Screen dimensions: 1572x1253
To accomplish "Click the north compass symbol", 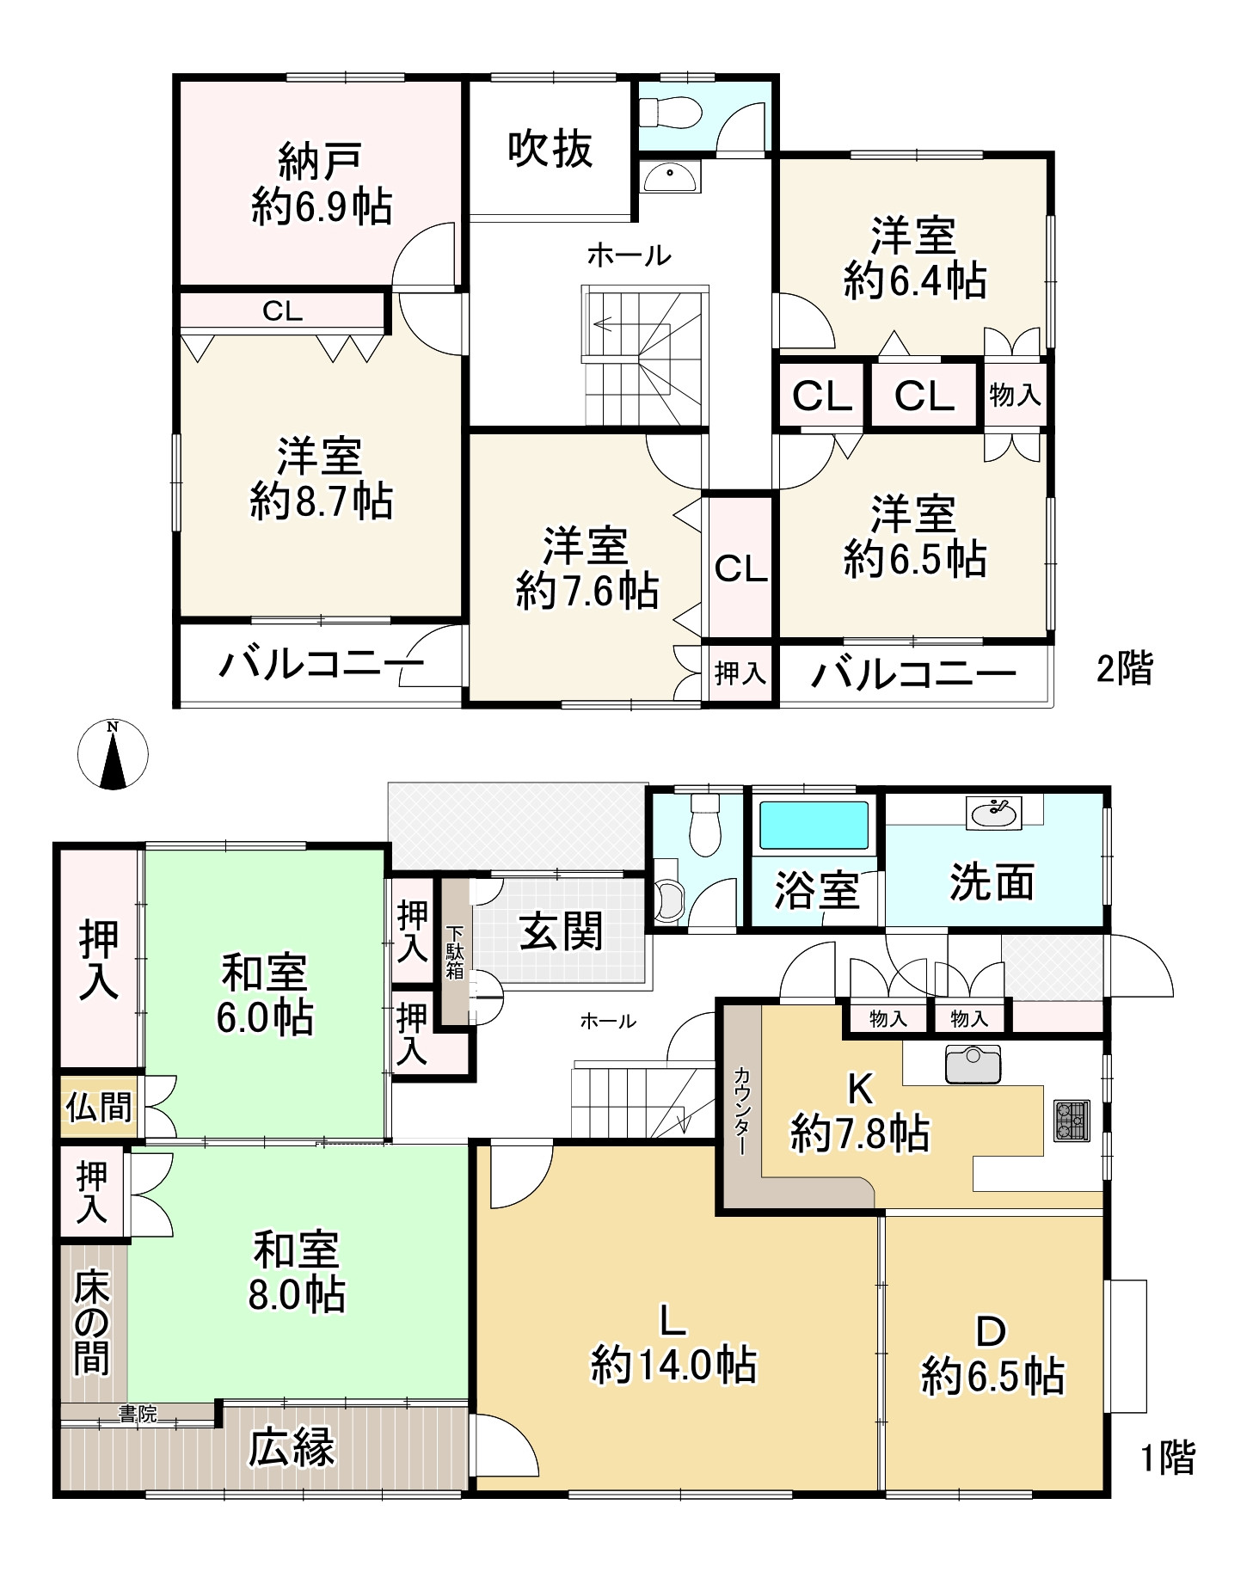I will pos(113,754).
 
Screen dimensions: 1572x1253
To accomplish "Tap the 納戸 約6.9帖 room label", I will pos(322,184).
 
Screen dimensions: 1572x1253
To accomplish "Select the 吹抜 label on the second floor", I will pos(550,149).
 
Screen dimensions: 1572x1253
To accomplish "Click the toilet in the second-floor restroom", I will pos(669,112).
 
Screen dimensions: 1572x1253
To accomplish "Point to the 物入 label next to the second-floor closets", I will pos(1015,395).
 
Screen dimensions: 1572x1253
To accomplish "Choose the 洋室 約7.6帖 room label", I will pos(587,568).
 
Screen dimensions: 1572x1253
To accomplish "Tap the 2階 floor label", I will pos(1124,668).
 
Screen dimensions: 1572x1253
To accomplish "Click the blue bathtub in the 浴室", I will pos(814,825).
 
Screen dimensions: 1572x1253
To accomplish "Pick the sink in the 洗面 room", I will pos(994,812).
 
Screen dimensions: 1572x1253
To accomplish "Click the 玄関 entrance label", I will pos(562,930).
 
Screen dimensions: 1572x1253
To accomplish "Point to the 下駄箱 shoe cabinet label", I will pos(454,951).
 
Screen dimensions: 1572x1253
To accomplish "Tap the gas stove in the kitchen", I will pos(1072,1121).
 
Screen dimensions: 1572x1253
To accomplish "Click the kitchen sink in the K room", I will pos(973,1065).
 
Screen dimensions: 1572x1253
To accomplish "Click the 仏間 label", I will pos(99,1107).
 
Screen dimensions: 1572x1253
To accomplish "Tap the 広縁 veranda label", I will pos(291,1447).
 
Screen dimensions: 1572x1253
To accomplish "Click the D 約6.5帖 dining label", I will pos(992,1354).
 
